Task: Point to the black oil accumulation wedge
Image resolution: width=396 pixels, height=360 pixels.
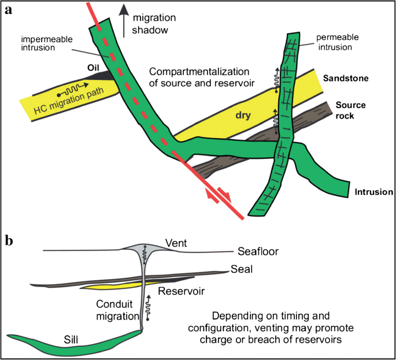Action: coord(100,75)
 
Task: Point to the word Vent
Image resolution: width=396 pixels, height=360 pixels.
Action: coord(175,243)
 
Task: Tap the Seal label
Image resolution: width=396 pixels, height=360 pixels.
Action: coord(241,270)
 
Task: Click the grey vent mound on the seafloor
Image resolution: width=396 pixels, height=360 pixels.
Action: coord(141,249)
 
